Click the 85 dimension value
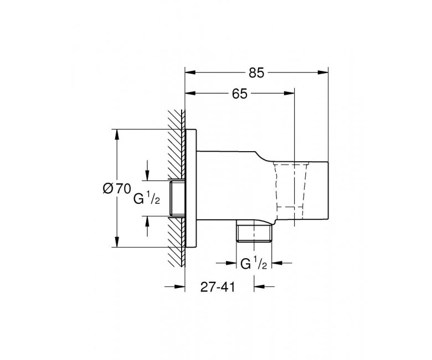point(256,73)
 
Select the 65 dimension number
point(240,94)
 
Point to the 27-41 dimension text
point(218,287)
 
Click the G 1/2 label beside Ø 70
point(147,198)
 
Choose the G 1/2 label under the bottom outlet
point(254,263)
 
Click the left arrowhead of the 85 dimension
point(190,73)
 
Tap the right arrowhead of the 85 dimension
point(323,73)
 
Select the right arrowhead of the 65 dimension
point(289,94)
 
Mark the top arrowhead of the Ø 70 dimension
point(117,135)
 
